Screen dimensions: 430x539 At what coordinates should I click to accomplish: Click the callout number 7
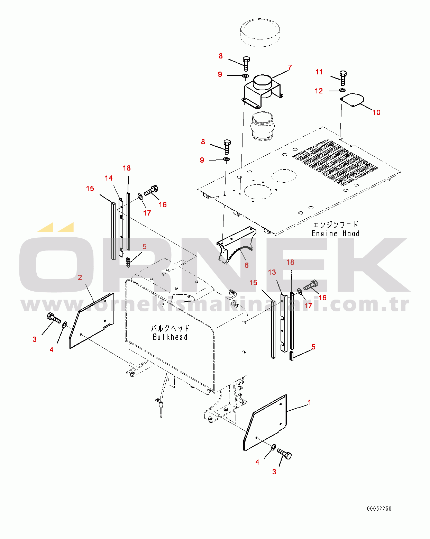click(x=290, y=67)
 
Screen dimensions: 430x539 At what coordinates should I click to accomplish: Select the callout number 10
click(x=376, y=112)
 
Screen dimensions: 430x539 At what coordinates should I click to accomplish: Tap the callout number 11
click(x=319, y=72)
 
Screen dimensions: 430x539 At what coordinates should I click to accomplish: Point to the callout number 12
click(x=319, y=91)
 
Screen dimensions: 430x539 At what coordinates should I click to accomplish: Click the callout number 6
click(x=247, y=265)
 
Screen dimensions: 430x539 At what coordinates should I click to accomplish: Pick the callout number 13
click(x=272, y=272)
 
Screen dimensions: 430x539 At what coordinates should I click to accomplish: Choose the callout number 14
click(x=109, y=178)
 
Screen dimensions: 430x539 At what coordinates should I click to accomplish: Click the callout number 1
click(x=310, y=402)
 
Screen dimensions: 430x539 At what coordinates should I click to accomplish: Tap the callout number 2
click(x=80, y=277)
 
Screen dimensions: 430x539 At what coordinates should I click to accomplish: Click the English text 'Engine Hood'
click(x=335, y=234)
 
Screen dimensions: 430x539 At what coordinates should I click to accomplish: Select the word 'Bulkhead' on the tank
click(x=170, y=337)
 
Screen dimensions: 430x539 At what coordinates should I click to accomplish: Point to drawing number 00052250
click(x=379, y=509)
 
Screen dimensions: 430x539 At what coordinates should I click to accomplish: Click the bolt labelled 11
click(x=343, y=78)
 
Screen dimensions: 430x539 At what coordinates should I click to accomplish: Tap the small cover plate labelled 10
click(x=352, y=100)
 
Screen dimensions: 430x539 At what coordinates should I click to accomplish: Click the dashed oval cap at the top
click(x=260, y=33)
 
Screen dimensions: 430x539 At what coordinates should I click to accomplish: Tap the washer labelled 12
click(x=342, y=90)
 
